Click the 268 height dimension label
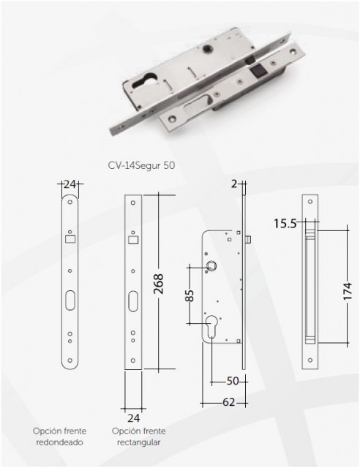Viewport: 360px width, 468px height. [x=159, y=284]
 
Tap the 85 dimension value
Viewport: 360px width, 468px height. [x=190, y=295]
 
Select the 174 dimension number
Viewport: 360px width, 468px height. [x=348, y=292]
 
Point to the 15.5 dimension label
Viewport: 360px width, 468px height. [x=285, y=223]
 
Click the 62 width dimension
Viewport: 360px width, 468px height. [x=229, y=402]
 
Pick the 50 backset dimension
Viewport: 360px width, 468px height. [x=233, y=381]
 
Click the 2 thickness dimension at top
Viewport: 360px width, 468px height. [x=234, y=184]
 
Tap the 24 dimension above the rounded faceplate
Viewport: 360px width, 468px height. [x=70, y=184]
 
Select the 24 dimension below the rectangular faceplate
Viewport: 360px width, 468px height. [x=134, y=418]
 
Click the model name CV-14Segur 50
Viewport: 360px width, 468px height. [x=141, y=165]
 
